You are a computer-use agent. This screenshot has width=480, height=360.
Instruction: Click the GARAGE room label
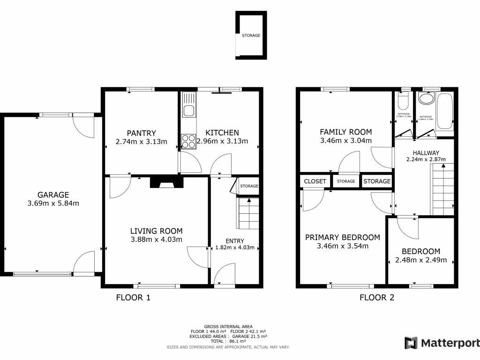click(x=53, y=195)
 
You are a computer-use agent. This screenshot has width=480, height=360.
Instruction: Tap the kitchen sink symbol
click(x=189, y=111)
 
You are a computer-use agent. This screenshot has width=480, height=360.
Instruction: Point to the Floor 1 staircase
click(x=248, y=213)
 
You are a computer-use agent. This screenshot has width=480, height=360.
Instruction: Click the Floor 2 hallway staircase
click(x=442, y=190)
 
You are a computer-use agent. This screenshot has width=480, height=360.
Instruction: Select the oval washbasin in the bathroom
click(x=426, y=99)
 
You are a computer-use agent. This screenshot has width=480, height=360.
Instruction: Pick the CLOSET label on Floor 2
click(x=315, y=181)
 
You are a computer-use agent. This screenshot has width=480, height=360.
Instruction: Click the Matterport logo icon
click(x=412, y=343)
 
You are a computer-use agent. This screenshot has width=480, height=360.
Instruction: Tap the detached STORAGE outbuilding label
click(x=251, y=35)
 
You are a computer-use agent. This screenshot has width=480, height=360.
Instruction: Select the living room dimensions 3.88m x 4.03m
click(x=156, y=240)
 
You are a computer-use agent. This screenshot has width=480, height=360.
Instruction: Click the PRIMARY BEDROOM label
click(x=343, y=237)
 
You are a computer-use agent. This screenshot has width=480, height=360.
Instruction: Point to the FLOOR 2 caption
click(x=377, y=297)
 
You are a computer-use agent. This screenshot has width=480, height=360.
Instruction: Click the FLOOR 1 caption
click(x=133, y=297)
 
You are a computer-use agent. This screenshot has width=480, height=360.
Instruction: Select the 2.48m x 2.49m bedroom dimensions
click(x=421, y=260)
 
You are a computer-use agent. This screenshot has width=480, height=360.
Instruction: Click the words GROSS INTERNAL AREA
click(x=228, y=326)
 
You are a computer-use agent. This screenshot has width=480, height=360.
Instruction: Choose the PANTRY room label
click(x=141, y=133)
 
